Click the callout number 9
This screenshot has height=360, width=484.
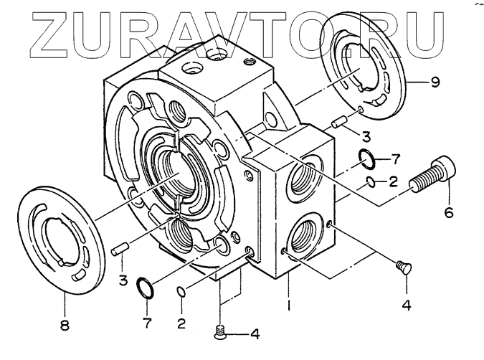[x=435, y=82]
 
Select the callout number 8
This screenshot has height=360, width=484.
[x=65, y=326]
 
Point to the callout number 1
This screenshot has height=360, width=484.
[x=289, y=304]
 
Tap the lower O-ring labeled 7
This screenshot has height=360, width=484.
[x=146, y=288]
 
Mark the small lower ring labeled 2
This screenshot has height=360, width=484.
[x=182, y=290]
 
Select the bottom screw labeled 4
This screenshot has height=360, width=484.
[x=222, y=331]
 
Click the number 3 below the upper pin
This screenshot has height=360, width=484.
[x=366, y=136]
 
